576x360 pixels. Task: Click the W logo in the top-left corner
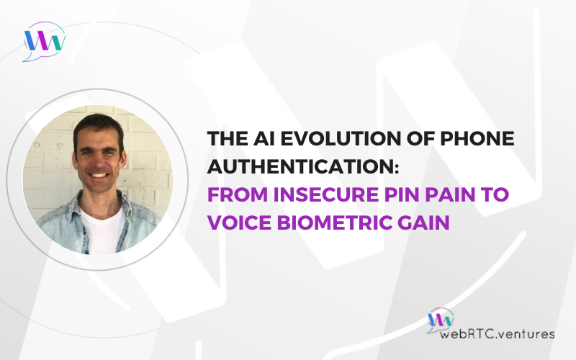click(x=44, y=41)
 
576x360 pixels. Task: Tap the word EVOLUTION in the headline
click(x=340, y=138)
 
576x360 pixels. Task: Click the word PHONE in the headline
click(x=477, y=138)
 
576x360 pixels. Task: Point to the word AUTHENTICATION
click(x=303, y=166)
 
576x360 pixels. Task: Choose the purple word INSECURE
click(x=326, y=194)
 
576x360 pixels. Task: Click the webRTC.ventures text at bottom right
click(x=497, y=333)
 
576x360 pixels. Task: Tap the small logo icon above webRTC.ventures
click(x=440, y=320)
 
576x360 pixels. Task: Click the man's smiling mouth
click(x=99, y=175)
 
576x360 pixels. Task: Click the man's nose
click(x=98, y=160)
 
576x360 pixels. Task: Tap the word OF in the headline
click(x=420, y=138)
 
